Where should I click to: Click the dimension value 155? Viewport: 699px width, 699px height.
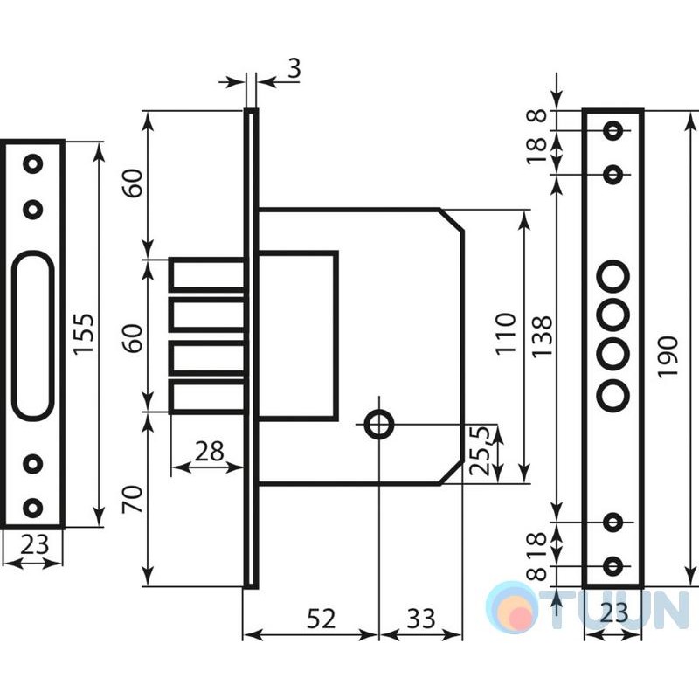point(84,334)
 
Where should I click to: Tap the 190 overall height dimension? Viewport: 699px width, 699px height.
point(668,357)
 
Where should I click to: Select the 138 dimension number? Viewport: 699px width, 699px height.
point(543,336)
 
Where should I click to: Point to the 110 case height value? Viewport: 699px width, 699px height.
point(506,333)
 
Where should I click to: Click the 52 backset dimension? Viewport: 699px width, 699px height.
point(321,619)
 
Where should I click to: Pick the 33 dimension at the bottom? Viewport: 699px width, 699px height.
point(421,619)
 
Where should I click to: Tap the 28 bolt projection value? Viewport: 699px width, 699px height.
point(209,451)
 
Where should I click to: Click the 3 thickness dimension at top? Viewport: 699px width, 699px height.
point(294,69)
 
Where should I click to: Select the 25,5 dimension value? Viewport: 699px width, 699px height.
point(481,450)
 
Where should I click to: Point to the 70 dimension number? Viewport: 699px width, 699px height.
point(134,499)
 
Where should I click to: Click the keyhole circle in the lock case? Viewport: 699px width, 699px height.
point(379,425)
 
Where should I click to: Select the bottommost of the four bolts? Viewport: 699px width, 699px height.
point(208,398)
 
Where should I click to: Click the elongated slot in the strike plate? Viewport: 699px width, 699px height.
point(32,336)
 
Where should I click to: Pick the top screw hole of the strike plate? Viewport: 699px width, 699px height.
point(32,163)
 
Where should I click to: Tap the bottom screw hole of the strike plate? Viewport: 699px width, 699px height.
point(32,508)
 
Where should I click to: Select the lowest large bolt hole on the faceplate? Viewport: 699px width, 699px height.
point(613,394)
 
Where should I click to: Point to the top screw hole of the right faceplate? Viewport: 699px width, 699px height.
point(613,130)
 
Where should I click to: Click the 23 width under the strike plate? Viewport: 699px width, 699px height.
point(34,543)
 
